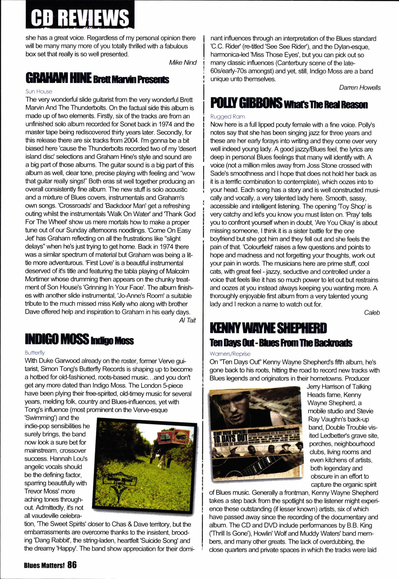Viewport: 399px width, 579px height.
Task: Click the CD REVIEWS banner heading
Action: click(x=79, y=17)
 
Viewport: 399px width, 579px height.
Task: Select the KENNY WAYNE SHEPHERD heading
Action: click(x=268, y=328)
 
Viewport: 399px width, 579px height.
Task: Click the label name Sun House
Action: click(x=39, y=92)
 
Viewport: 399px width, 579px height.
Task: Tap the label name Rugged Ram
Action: click(x=228, y=117)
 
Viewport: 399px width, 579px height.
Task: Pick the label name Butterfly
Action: click(x=35, y=353)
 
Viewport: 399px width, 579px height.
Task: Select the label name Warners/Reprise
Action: click(x=230, y=354)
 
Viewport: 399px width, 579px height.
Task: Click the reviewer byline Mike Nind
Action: click(x=183, y=62)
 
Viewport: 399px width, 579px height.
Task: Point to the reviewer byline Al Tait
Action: click(x=187, y=320)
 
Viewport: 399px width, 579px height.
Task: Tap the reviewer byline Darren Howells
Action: click(x=360, y=88)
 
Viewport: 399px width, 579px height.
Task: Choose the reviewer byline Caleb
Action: click(x=372, y=313)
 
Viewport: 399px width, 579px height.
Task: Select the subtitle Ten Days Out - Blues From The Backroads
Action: click(x=281, y=343)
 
